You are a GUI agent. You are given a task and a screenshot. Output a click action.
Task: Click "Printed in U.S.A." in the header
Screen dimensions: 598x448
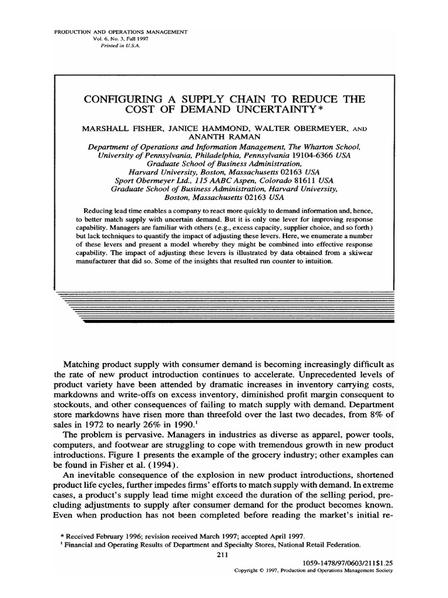click(118, 45)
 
